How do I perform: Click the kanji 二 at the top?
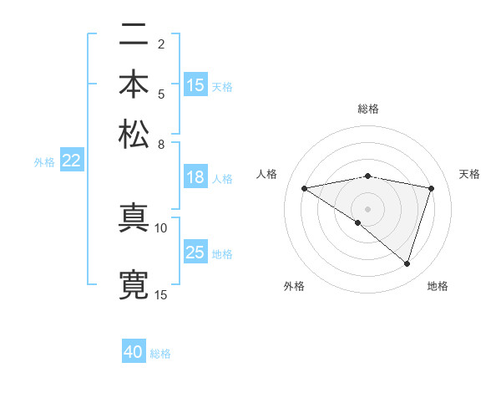[x=134, y=36]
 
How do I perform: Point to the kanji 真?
[x=134, y=218]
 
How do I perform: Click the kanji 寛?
[x=134, y=285]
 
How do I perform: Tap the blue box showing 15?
[x=195, y=85]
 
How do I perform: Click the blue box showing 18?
[x=195, y=177]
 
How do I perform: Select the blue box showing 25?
[x=195, y=253]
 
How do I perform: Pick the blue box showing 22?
[x=71, y=161]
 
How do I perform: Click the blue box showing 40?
[x=134, y=352]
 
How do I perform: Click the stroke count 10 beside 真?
[x=161, y=227]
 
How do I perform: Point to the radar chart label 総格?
[x=368, y=109]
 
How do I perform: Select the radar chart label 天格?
[x=469, y=174]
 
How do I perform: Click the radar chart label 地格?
[x=438, y=286]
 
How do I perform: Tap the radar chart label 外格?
[x=294, y=286]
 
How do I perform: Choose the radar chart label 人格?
[x=267, y=174]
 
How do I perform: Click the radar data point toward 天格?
[x=432, y=188]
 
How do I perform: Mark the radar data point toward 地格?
[x=407, y=264]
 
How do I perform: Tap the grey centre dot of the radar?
[x=367, y=208]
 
